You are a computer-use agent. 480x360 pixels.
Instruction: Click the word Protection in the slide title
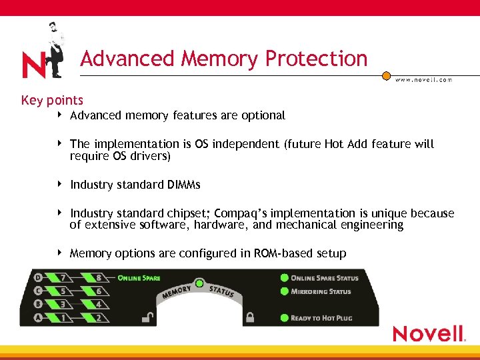(316, 59)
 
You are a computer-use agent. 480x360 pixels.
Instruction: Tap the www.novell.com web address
(423, 80)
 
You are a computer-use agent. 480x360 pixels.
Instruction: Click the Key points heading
(52, 101)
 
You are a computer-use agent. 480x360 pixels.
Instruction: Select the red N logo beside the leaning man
(33, 65)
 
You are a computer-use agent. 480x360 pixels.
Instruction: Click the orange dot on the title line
(386, 76)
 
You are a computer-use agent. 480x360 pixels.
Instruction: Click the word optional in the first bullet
(263, 115)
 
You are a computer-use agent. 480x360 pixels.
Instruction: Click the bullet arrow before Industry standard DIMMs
(61, 184)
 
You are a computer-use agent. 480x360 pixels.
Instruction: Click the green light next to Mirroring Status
(285, 292)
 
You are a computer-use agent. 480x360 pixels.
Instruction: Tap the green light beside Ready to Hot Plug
(285, 318)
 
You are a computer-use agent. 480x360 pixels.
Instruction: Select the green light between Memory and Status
(199, 283)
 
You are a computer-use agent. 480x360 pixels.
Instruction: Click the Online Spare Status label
(325, 278)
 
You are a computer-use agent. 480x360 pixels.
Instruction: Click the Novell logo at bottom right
(428, 333)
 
